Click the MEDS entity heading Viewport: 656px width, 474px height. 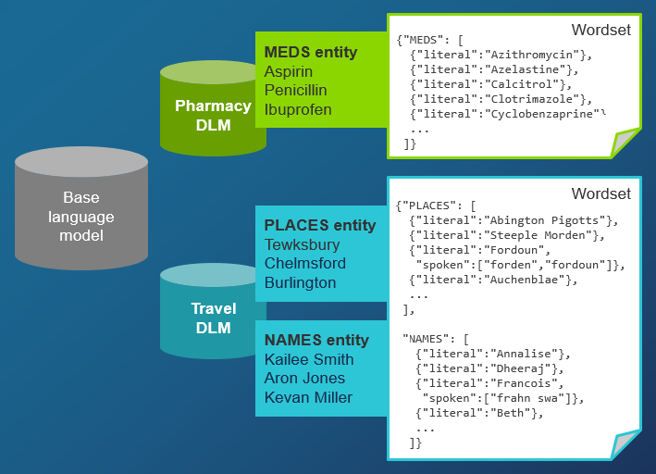click(x=311, y=52)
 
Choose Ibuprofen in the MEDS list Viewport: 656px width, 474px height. click(x=298, y=110)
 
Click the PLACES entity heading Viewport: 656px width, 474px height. click(x=320, y=225)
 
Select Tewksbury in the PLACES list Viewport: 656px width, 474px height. click(x=302, y=244)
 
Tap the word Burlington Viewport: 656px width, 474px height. click(x=300, y=282)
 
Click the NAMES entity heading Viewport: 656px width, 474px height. click(x=316, y=340)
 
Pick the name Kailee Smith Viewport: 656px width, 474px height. click(x=309, y=359)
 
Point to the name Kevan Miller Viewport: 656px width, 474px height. click(x=308, y=397)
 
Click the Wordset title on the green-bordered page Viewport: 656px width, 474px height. click(x=600, y=30)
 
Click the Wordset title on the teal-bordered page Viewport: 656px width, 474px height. click(x=600, y=193)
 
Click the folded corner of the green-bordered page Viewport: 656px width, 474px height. click(x=625, y=143)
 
